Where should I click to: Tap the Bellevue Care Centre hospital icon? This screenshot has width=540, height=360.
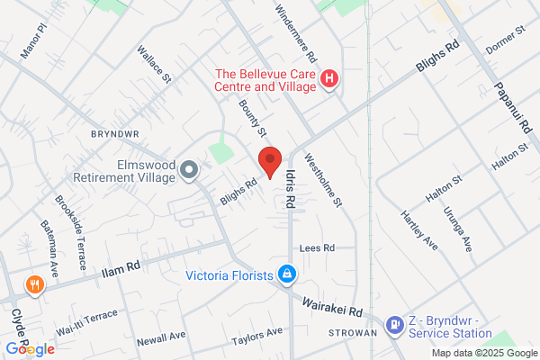[x=329, y=79]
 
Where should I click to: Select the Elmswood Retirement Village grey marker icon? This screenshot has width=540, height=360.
[x=189, y=169]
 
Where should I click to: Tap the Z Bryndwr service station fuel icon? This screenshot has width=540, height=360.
[x=394, y=325]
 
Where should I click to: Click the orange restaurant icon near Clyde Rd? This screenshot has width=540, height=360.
[x=34, y=285]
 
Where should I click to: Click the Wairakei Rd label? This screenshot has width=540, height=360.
[x=331, y=307]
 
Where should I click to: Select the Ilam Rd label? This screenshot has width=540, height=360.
[x=121, y=267]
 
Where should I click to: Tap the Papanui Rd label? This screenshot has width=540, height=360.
[x=513, y=107]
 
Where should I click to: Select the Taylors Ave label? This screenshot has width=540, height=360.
[x=256, y=334]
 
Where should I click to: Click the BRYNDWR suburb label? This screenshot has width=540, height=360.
[x=112, y=133]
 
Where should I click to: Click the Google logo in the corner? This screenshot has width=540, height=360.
[x=30, y=348]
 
